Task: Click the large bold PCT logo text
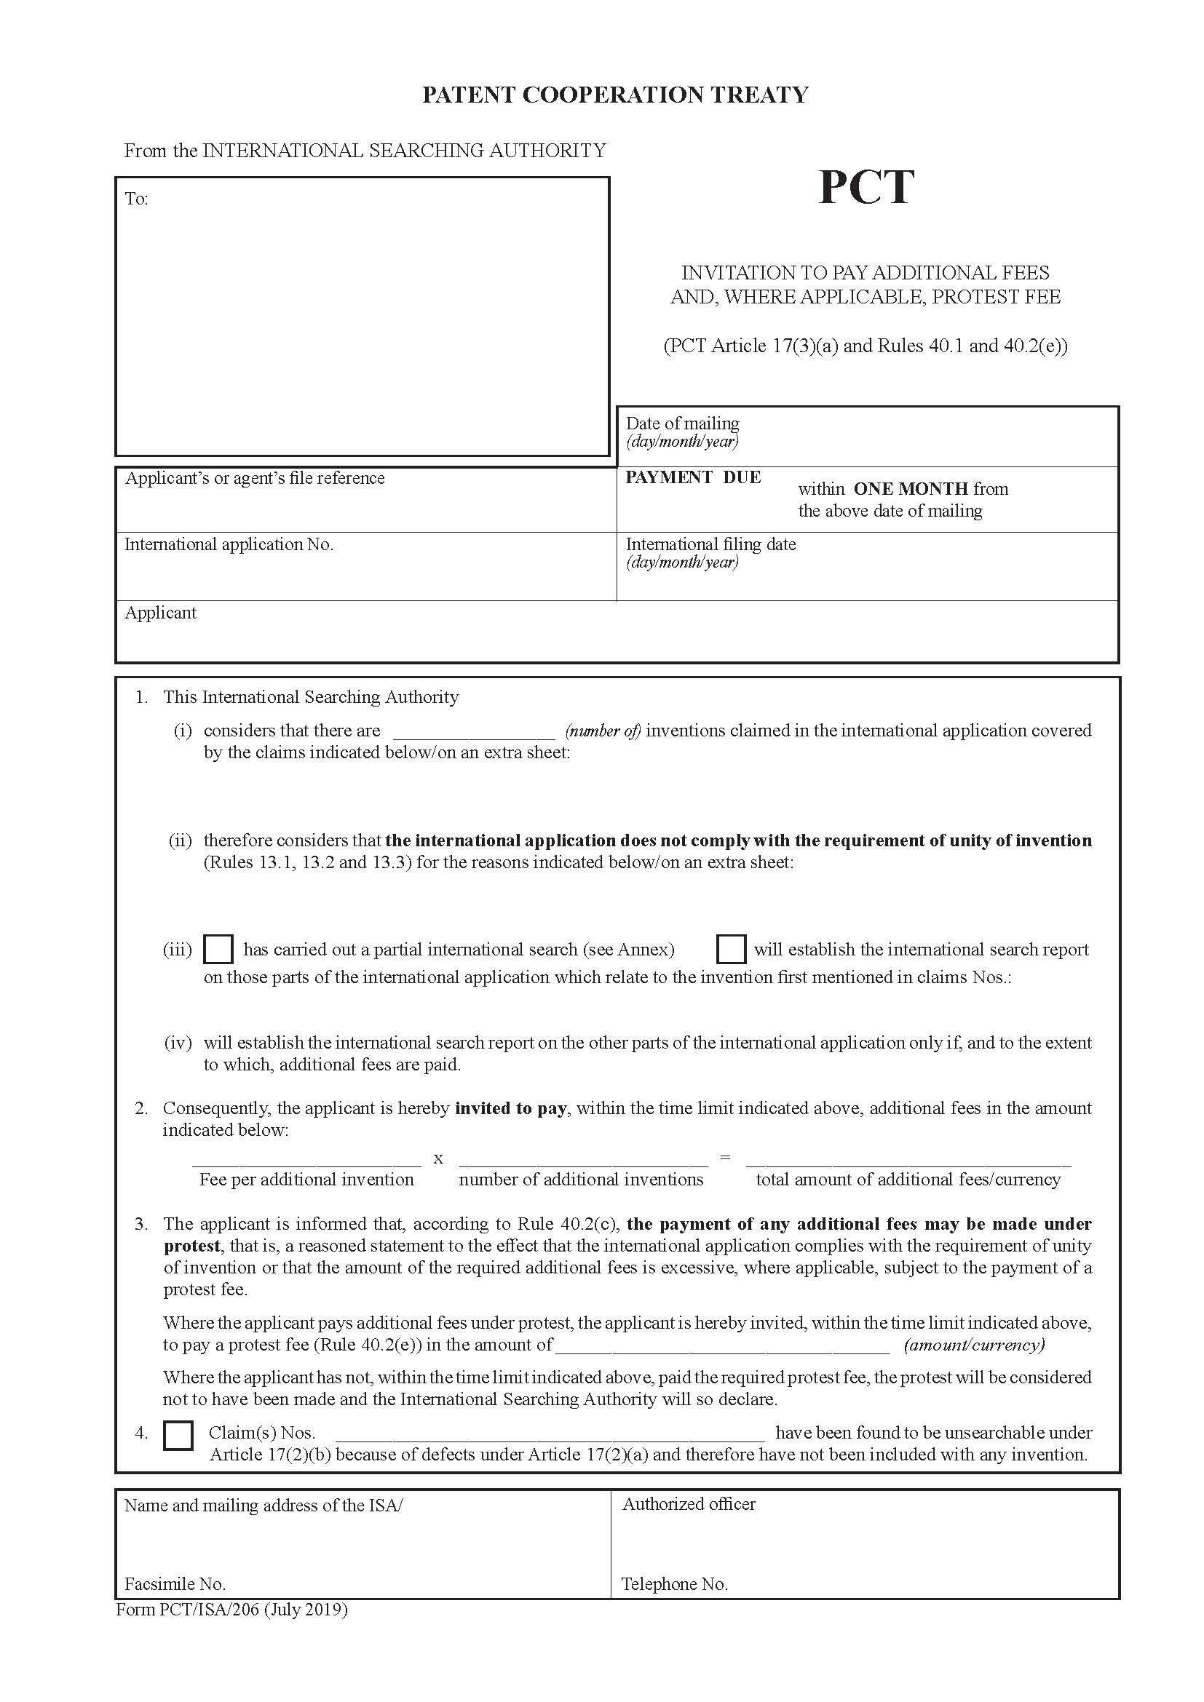point(866,188)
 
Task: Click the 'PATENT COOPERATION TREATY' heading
point(614,95)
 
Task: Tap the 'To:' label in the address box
point(136,199)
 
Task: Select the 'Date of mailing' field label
point(682,423)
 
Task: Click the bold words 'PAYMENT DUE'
point(692,477)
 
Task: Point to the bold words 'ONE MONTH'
point(911,489)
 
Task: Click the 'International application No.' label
point(229,545)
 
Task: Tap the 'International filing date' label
point(710,545)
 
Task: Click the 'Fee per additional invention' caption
point(306,1180)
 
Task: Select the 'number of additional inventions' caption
point(580,1180)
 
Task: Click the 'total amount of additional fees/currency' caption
point(908,1180)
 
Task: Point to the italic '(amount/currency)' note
point(973,1345)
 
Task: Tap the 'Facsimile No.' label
point(175,1585)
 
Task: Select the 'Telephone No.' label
point(675,1585)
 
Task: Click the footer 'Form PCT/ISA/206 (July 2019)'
point(231,1610)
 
